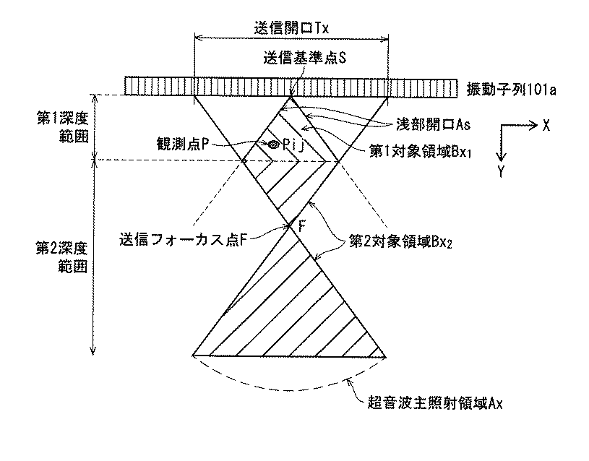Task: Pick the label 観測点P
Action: point(186,144)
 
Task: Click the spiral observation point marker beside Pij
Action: point(273,145)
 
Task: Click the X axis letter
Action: point(546,125)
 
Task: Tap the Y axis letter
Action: point(501,171)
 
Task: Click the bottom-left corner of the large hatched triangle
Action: point(193,356)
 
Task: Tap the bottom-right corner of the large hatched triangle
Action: point(387,356)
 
